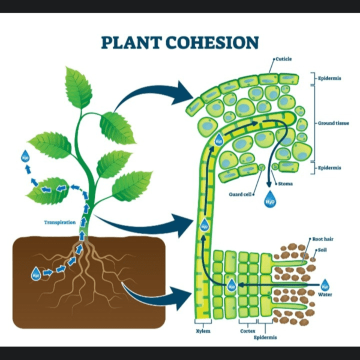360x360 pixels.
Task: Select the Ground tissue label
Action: coord(334,123)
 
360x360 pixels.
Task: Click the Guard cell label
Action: coord(240,194)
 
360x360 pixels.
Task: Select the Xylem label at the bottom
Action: coord(203,331)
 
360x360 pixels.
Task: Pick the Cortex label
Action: coord(247,331)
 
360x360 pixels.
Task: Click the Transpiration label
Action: coord(60,222)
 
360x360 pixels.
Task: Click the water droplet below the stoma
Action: coord(270,199)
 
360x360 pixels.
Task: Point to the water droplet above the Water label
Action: coord(325,283)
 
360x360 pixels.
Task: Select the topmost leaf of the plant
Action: coord(79,88)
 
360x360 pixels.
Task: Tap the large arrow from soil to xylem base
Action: coord(159,293)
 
